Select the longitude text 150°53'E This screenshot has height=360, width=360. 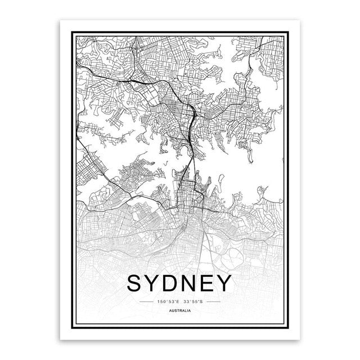(x=168, y=302)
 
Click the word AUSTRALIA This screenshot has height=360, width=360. (x=180, y=311)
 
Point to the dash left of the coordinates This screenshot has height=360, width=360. (x=146, y=302)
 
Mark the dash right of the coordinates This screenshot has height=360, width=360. (x=215, y=302)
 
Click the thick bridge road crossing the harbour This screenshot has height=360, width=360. (x=193, y=163)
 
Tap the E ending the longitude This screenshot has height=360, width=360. (x=177, y=302)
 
